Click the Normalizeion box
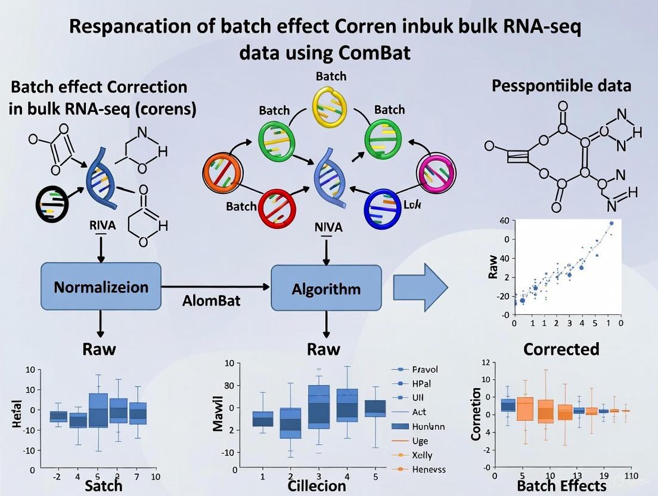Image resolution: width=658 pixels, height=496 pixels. [101, 287]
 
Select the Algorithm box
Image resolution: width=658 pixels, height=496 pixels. [326, 289]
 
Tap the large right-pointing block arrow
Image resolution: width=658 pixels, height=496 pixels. [420, 287]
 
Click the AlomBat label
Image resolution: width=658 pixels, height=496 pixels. [211, 300]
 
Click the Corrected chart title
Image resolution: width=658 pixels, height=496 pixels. [560, 349]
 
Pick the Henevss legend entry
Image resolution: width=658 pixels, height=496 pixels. [429, 469]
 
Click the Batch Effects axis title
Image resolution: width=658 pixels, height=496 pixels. [561, 486]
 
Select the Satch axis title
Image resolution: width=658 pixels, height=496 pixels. [103, 485]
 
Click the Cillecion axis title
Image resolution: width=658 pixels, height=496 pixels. [316, 485]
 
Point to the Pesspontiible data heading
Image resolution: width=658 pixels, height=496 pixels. [561, 85]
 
